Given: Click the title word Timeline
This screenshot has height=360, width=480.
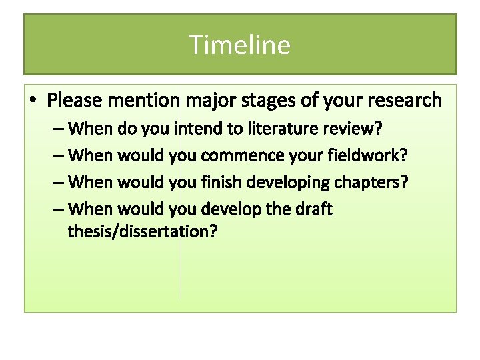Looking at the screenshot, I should click(x=240, y=45).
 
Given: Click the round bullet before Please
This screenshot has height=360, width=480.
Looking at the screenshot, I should click(x=33, y=101).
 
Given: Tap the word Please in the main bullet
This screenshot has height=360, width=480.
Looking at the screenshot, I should click(x=75, y=101).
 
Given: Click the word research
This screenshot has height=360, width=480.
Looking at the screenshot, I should click(x=402, y=101).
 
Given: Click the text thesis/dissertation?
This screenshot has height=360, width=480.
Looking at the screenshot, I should click(x=143, y=232).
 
